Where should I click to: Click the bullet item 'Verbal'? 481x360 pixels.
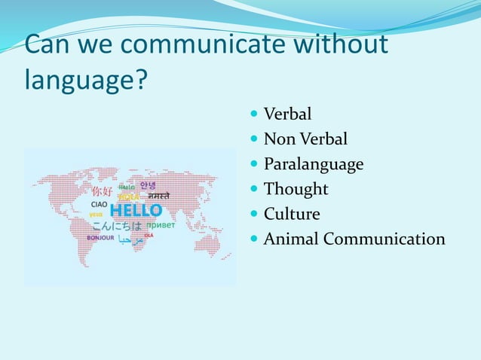coord(287,115)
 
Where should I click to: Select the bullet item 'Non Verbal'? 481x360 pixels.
coord(305,139)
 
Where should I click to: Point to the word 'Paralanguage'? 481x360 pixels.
coord(313,164)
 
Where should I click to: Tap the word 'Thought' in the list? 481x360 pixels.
coord(296,189)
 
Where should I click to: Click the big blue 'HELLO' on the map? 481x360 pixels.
coord(136,210)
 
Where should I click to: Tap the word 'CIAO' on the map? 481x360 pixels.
coord(99,203)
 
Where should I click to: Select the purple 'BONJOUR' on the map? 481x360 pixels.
coord(100,238)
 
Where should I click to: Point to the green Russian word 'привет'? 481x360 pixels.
coord(161,224)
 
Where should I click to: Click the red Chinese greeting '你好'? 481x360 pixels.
coord(102,191)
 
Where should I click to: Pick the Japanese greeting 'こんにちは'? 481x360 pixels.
coord(117,225)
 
